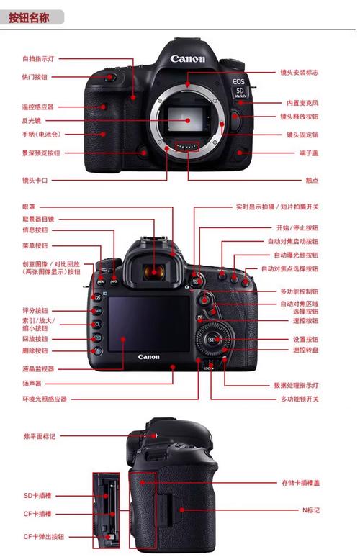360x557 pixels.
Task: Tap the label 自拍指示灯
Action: click(x=39, y=58)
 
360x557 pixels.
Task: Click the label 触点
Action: click(x=310, y=180)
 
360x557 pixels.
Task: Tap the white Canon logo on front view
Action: click(x=188, y=59)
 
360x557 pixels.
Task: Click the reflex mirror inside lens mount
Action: click(x=188, y=118)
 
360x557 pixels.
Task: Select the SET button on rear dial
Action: click(x=213, y=338)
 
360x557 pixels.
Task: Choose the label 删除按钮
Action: click(x=35, y=350)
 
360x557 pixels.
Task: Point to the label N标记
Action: click(x=310, y=510)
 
